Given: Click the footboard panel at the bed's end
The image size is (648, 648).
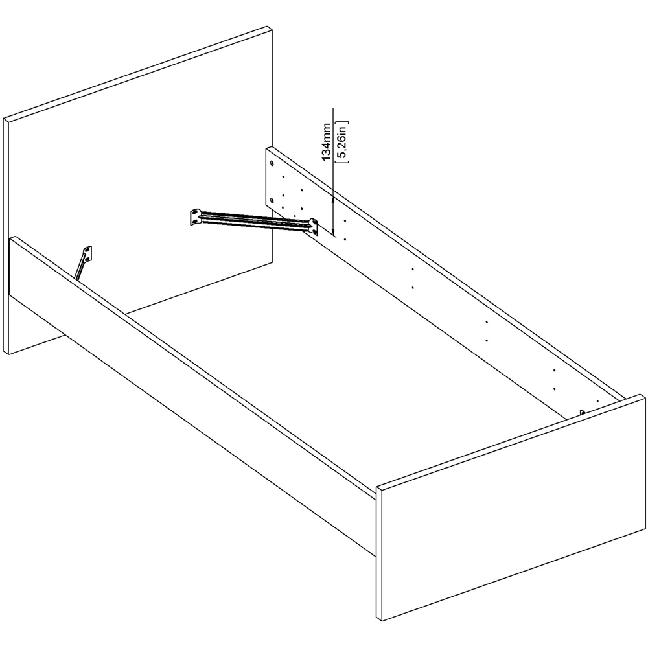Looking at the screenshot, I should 512,505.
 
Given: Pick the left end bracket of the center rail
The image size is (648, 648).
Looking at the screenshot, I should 195,217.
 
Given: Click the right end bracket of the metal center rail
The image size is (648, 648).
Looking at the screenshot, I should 313,226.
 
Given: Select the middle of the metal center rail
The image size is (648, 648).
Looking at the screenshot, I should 254,221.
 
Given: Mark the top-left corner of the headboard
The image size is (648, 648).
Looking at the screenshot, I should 5,120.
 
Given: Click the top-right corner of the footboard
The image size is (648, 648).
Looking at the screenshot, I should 645,393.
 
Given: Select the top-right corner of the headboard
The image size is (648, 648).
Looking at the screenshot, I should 270,27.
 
